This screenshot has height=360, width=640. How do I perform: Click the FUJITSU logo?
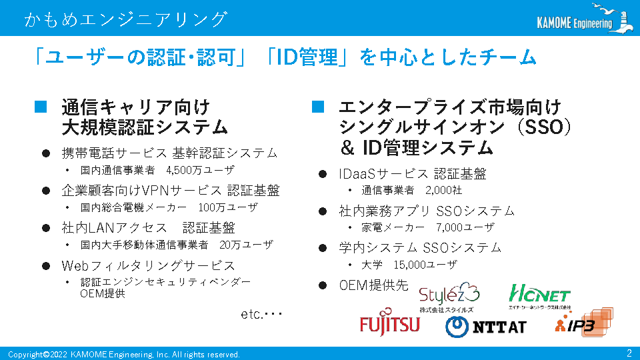point(389,323)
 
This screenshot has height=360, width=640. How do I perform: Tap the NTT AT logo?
point(486,327)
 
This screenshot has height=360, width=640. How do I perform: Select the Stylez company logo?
point(449,297)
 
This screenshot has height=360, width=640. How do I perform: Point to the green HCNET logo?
point(539,296)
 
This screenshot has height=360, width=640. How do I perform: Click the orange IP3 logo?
point(584,323)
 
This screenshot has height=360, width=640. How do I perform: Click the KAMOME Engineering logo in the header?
point(585,19)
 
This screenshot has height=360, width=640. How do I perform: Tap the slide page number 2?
point(629,353)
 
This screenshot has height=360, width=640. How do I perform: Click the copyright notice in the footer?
point(124,354)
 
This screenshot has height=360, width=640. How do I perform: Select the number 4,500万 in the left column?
point(184,170)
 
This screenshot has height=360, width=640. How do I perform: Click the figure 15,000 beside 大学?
point(410,265)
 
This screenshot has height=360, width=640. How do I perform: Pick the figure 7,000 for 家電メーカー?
point(449,227)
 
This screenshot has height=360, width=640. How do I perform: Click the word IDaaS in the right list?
point(357,174)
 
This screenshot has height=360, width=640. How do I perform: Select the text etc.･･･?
point(261,314)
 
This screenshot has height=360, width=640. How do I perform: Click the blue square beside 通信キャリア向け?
point(41,107)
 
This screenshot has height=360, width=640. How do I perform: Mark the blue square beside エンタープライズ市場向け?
point(318,107)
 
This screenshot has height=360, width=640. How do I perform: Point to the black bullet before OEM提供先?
point(323,285)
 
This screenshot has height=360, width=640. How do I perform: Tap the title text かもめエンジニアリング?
point(126,19)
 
